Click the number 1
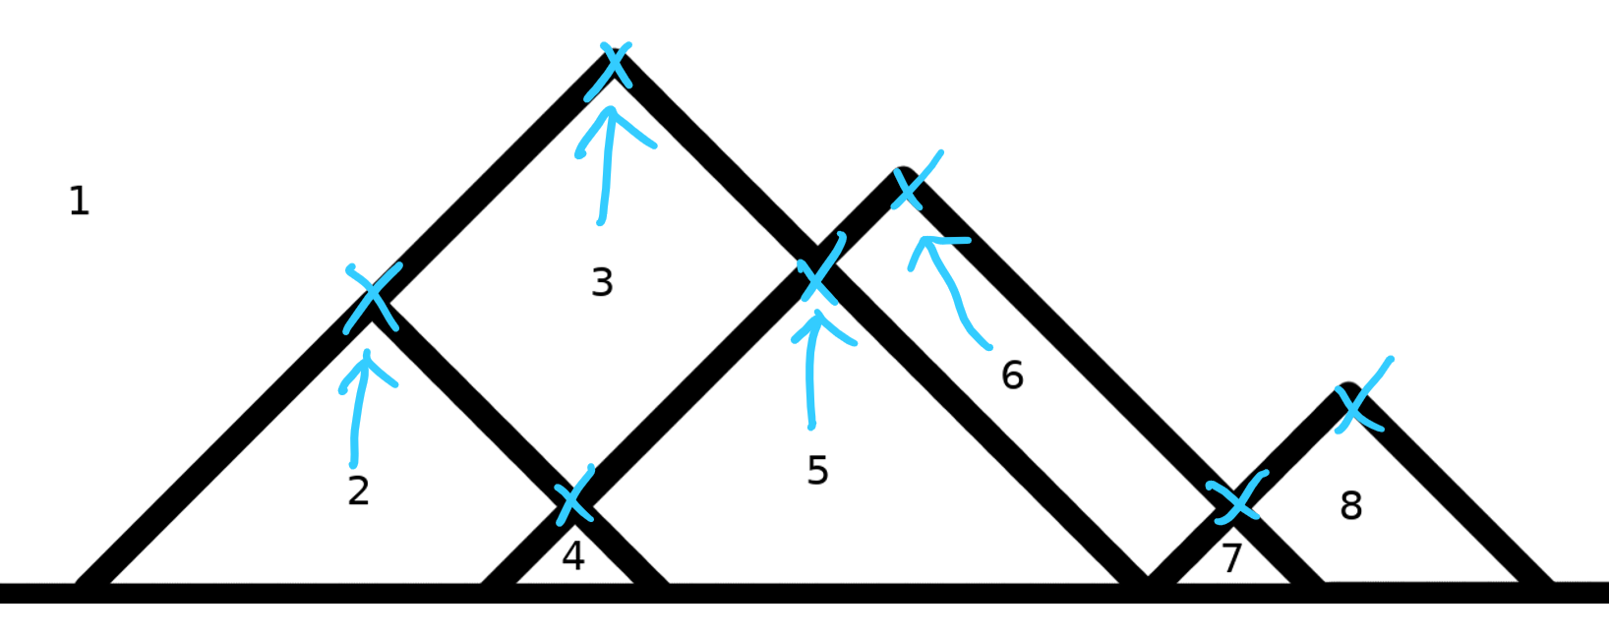point(80,201)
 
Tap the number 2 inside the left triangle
point(358,490)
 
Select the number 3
point(602,282)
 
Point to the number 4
point(572,556)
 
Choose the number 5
point(817,471)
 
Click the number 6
point(1012,375)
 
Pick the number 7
point(1232,558)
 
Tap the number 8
point(1351,506)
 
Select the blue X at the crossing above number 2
point(372,296)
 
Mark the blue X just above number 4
point(573,496)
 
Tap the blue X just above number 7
point(1236,500)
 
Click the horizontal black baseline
point(885,594)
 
